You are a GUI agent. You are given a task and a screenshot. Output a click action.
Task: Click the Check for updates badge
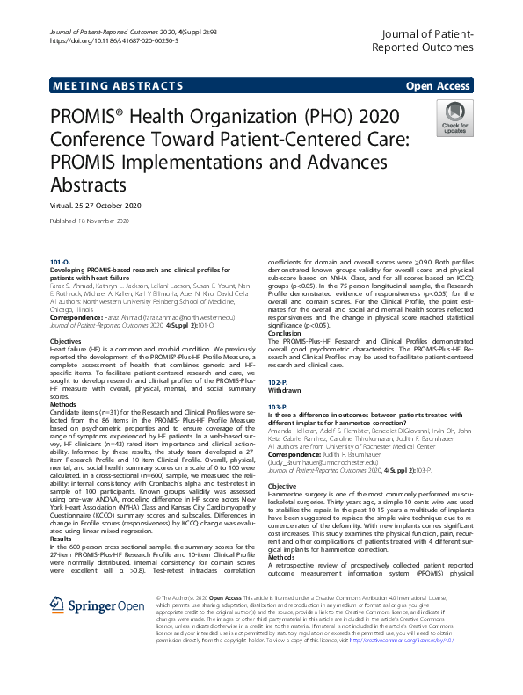[454, 118]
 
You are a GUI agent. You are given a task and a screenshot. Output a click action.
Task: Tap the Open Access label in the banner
[437, 85]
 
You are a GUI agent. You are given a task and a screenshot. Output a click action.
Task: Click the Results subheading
[62, 490]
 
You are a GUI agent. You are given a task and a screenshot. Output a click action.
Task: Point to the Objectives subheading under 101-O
[66, 339]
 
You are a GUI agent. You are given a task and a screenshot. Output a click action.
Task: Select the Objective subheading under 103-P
[282, 486]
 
